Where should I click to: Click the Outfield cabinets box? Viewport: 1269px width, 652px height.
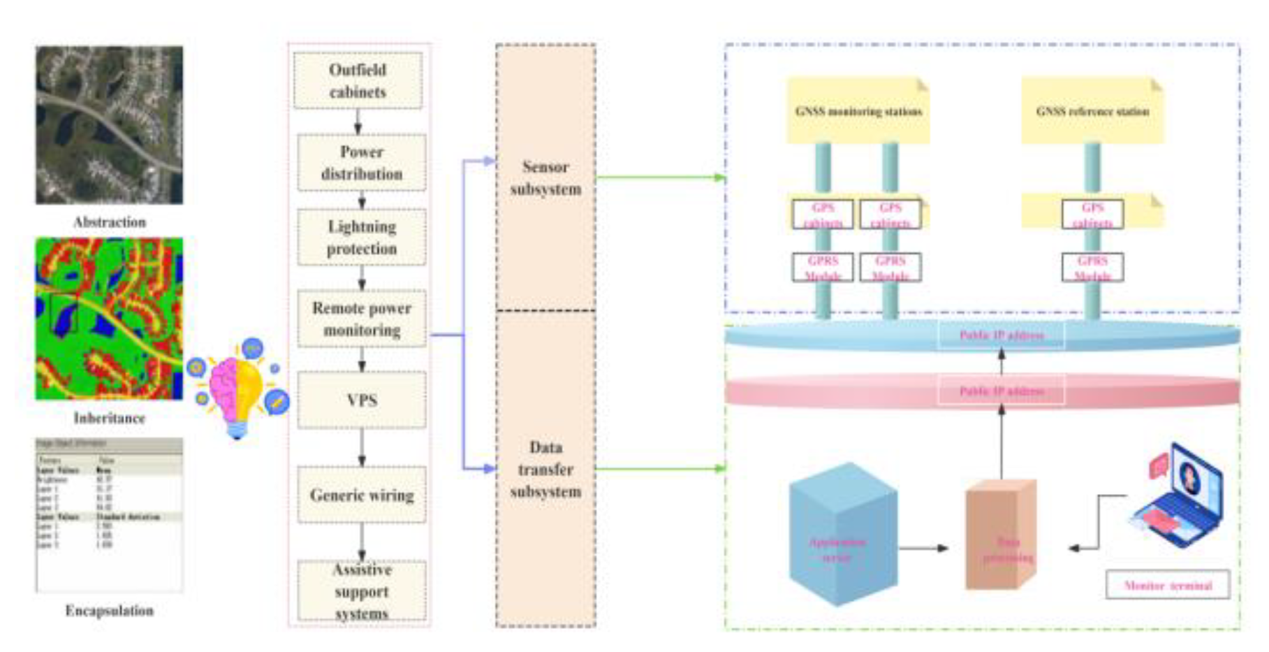point(358,80)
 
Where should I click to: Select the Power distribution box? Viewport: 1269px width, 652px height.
point(361,163)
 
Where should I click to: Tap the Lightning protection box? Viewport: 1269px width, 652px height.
point(361,237)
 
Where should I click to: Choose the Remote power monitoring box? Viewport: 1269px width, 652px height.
point(361,319)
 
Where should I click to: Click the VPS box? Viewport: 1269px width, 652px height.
point(361,400)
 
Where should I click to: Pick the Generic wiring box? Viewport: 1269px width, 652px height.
point(361,495)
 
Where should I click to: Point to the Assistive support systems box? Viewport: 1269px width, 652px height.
point(361,591)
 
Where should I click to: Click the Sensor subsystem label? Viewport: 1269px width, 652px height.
point(545,178)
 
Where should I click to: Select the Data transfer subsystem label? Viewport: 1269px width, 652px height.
point(545,470)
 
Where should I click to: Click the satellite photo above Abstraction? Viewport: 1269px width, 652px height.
point(109,125)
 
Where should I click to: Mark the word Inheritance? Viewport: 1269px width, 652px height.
point(109,418)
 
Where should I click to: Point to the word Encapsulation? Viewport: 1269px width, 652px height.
point(109,611)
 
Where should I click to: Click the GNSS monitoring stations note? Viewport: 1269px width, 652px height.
point(858,111)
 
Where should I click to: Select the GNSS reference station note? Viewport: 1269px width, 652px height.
point(1092,111)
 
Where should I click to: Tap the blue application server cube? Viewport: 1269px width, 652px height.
point(842,535)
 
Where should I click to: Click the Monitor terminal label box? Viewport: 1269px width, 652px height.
point(1168,586)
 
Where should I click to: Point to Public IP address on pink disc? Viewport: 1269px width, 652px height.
point(1001,391)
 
